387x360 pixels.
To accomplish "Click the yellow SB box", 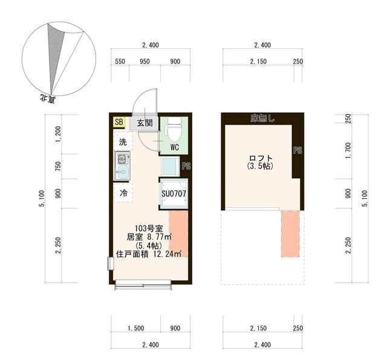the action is click(x=119, y=122).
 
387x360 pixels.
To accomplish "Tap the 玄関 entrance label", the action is click(x=145, y=123).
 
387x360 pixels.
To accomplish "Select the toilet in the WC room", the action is click(x=174, y=129).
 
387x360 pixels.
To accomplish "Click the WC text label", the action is click(x=175, y=147).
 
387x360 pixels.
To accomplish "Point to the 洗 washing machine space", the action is click(x=123, y=142).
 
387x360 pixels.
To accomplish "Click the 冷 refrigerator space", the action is click(x=123, y=193).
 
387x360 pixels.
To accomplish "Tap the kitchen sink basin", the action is click(x=122, y=172).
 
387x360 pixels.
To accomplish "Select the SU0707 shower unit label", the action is click(x=174, y=194).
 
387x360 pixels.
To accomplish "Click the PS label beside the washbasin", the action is click(x=186, y=166).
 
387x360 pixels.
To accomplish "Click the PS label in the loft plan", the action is click(x=298, y=150).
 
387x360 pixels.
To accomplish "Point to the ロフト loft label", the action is click(x=261, y=158).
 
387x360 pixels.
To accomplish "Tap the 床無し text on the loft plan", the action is click(x=262, y=119).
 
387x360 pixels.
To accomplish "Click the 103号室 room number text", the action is click(x=148, y=228).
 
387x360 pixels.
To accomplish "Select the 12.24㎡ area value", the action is click(x=167, y=254).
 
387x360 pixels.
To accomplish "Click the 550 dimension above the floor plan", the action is click(x=120, y=62).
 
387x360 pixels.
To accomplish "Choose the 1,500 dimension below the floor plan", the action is click(x=135, y=329).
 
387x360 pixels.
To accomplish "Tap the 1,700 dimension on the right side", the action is click(x=348, y=150).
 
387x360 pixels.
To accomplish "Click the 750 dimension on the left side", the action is click(x=58, y=166).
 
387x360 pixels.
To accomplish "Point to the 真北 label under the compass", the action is click(x=48, y=99).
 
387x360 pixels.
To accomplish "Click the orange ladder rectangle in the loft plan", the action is click(x=290, y=234).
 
